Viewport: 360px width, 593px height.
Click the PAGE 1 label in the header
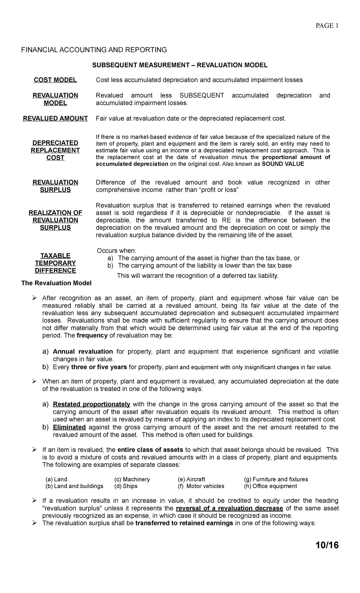[327, 26]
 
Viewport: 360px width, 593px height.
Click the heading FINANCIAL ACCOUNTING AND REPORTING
[94, 50]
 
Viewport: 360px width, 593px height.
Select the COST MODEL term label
[55, 80]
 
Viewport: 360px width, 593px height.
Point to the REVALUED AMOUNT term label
[55, 119]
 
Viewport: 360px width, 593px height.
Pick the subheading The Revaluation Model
[56, 283]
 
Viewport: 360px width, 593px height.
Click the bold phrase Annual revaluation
[83, 351]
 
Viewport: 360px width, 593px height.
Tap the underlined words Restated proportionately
[91, 404]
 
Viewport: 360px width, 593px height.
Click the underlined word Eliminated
[69, 427]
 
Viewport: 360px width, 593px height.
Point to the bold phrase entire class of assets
[150, 450]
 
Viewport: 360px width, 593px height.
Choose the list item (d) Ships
[126, 486]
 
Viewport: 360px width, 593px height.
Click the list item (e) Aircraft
[191, 479]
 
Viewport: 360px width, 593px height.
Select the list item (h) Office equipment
[271, 486]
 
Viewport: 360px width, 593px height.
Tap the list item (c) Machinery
[132, 479]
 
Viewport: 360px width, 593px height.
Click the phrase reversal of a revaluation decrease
[229, 508]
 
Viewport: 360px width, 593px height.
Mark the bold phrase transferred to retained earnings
[184, 523]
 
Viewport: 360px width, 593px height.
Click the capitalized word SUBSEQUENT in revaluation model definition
[202, 95]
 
